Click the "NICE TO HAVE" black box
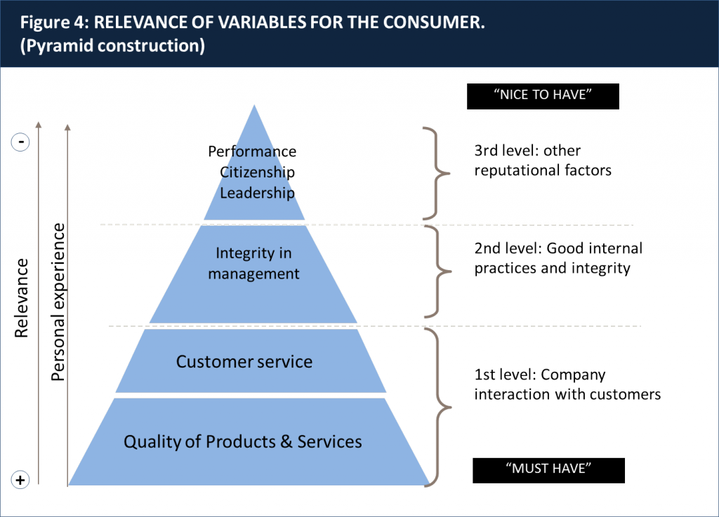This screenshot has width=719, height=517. tap(543, 96)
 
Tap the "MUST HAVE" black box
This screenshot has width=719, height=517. tap(548, 469)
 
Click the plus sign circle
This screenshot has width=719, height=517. tap(21, 480)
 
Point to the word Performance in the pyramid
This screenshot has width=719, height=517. tap(252, 152)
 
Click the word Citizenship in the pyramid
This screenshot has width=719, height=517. tap(257, 172)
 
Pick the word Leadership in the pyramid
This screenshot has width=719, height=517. tap(257, 192)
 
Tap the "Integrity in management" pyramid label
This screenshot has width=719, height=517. tap(253, 263)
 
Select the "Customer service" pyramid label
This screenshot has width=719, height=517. tap(244, 362)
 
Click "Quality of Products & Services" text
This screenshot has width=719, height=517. tap(243, 441)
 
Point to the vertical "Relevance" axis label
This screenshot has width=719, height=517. tap(22, 298)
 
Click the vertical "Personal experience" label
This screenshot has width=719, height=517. tap(58, 302)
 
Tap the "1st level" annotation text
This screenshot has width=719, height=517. tap(567, 384)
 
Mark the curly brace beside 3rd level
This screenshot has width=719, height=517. tap(433, 173)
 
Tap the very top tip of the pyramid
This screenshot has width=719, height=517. tap(254, 107)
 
